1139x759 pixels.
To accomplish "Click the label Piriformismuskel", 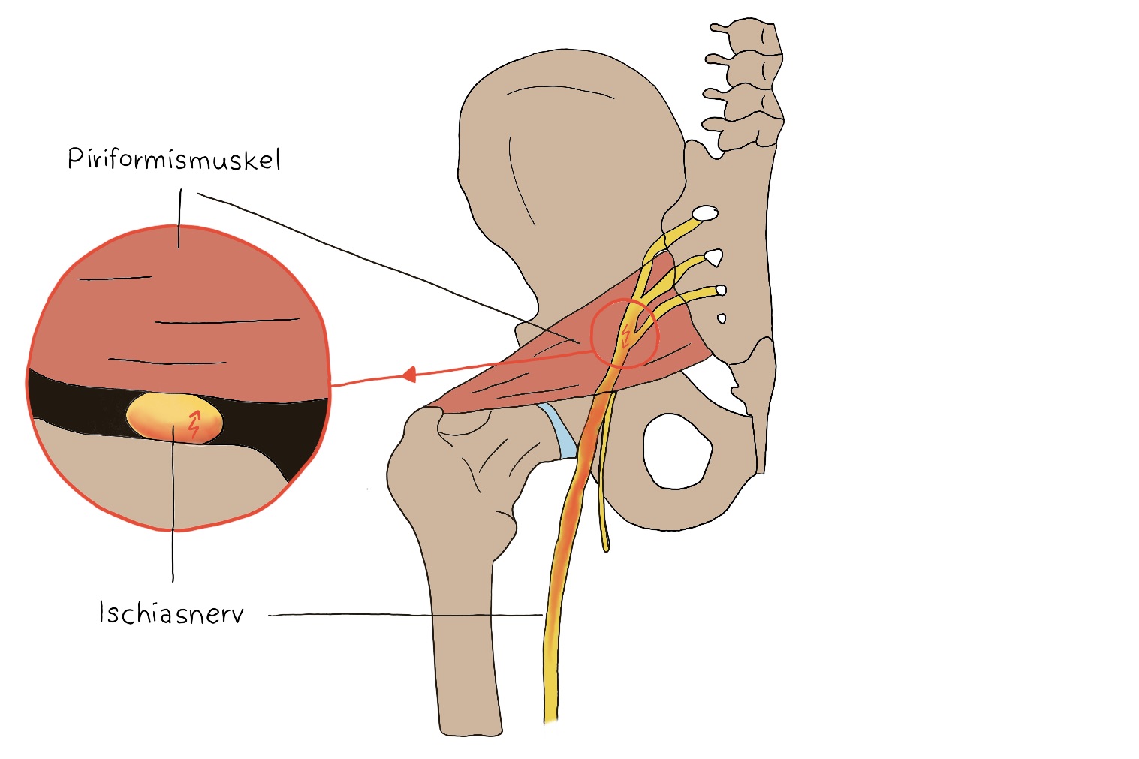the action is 174,159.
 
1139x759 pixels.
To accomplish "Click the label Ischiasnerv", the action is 171,612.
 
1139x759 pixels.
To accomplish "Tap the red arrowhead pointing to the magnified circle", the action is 409,375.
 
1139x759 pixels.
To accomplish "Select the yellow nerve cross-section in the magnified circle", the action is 174,418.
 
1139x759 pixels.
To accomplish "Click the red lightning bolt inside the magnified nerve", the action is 194,424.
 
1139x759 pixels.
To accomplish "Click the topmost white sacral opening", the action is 705,213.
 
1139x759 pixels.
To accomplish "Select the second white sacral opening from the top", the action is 714,258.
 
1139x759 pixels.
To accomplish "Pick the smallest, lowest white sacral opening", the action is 721,319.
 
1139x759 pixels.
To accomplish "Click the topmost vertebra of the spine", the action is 748,35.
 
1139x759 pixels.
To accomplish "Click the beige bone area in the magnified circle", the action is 152,478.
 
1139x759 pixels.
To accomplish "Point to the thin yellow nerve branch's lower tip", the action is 606,549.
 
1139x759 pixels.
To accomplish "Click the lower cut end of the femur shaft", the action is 470,731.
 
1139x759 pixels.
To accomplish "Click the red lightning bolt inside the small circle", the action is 625,336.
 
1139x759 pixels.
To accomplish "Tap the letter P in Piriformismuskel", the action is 75,158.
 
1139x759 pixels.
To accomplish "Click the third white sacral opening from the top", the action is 721,291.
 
